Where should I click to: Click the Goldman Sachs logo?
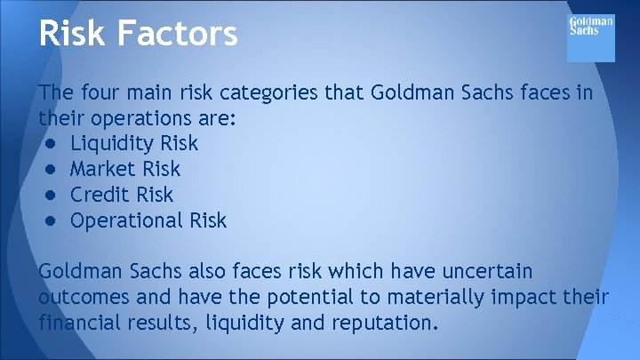[590, 36]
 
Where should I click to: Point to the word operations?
[153, 118]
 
